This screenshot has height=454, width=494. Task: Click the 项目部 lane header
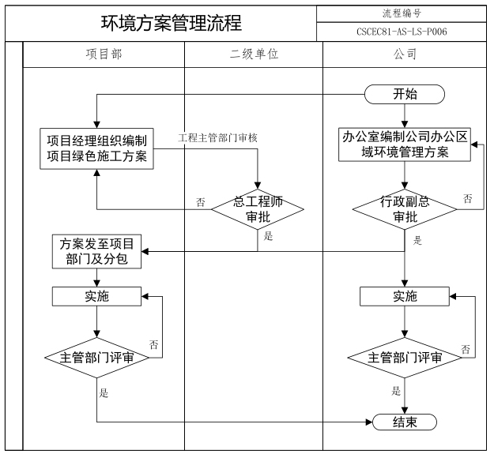(104, 55)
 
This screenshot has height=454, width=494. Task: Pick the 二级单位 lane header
(254, 55)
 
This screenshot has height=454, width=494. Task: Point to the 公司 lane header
(405, 55)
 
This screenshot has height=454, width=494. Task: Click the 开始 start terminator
(405, 95)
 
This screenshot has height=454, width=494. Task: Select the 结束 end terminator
(405, 422)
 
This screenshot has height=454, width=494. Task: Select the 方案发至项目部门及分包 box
(96, 251)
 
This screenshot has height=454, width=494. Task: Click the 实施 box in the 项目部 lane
(96, 296)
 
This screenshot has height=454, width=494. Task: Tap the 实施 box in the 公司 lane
(405, 296)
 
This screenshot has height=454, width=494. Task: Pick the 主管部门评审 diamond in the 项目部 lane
(96, 357)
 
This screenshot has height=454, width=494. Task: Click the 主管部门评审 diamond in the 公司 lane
(405, 357)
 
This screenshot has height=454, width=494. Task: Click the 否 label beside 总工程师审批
(200, 201)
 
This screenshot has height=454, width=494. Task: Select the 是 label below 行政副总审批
(417, 239)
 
